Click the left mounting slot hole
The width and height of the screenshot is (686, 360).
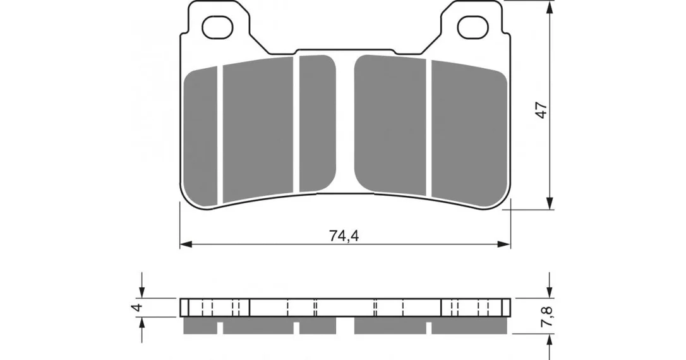(x=217, y=27)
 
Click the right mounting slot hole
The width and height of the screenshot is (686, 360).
(x=472, y=27)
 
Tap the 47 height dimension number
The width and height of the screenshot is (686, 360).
(x=541, y=110)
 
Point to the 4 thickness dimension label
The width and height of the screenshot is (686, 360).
(x=138, y=308)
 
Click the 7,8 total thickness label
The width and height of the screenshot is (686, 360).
(x=547, y=316)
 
